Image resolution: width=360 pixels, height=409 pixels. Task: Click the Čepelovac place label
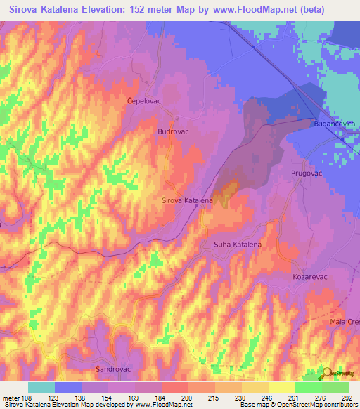point(145,100)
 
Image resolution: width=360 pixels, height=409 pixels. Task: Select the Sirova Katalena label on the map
point(187,200)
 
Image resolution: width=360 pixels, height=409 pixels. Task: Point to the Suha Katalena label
point(238,245)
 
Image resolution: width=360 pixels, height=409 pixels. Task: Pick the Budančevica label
point(335,124)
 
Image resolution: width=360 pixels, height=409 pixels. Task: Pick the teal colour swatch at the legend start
point(41,387)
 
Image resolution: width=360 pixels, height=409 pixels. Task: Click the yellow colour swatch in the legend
point(281,387)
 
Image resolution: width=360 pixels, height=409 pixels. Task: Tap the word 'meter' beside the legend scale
point(11,398)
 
